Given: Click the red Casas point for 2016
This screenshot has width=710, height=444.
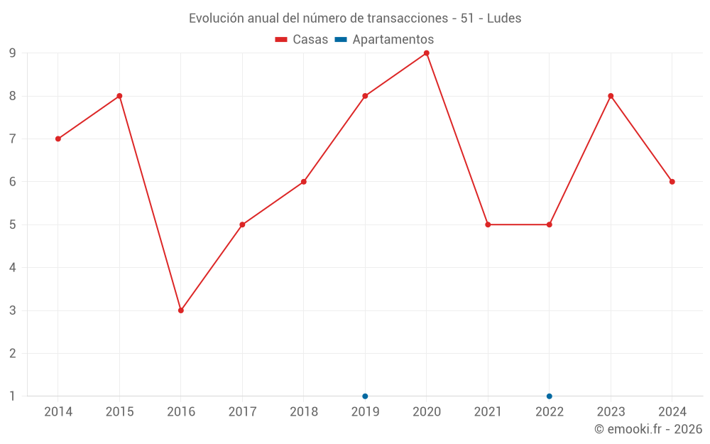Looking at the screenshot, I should pyautogui.click(x=181, y=310).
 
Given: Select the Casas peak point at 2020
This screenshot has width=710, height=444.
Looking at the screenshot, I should pyautogui.click(x=427, y=53).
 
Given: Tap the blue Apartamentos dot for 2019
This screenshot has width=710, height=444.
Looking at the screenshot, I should pyautogui.click(x=365, y=396).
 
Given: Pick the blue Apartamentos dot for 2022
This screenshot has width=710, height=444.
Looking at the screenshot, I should pyautogui.click(x=550, y=396).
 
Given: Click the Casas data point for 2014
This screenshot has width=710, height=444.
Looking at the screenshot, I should pyautogui.click(x=58, y=139).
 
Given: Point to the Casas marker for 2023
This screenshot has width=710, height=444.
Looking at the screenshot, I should pyautogui.click(x=611, y=96).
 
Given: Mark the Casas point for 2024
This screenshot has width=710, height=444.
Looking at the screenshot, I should pyautogui.click(x=672, y=182).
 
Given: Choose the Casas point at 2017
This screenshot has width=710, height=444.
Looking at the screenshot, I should pyautogui.click(x=242, y=224).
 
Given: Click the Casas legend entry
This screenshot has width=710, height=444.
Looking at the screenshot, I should pyautogui.click(x=302, y=40).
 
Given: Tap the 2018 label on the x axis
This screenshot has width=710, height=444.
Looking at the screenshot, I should pyautogui.click(x=304, y=412).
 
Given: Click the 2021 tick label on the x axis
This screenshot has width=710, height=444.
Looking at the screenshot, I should pyautogui.click(x=488, y=412).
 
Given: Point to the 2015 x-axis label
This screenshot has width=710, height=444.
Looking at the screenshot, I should pyautogui.click(x=119, y=412).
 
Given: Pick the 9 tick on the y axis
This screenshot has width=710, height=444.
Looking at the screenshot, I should pyautogui.click(x=13, y=53).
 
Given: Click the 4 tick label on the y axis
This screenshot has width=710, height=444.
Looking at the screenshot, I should pyautogui.click(x=13, y=268).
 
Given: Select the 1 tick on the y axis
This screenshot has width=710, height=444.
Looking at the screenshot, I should pyautogui.click(x=13, y=396).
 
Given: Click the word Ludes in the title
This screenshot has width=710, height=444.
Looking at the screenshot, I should pyautogui.click(x=504, y=18).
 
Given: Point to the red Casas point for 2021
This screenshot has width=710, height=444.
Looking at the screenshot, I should pyautogui.click(x=488, y=224).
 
